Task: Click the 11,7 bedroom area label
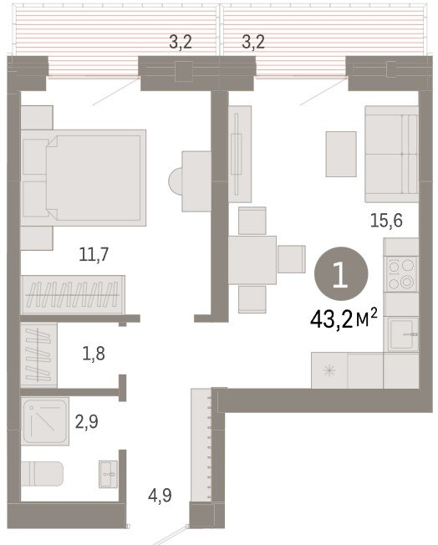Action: (94, 255)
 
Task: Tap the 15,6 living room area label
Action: (386, 221)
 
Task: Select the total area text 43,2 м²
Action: (344, 318)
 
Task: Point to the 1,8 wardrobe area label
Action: (94, 354)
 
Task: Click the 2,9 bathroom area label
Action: (87, 421)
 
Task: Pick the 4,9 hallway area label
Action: (160, 495)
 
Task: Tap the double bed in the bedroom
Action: (84, 178)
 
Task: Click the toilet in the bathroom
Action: (42, 473)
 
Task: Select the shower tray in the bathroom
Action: (45, 421)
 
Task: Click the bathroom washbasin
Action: (108, 474)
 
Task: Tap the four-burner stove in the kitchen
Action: (401, 274)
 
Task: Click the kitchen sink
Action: (403, 334)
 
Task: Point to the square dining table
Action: (252, 260)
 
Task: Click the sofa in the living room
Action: (391, 154)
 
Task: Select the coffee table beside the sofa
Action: (341, 154)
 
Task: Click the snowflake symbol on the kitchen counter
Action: (328, 371)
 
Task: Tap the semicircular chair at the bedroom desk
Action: (176, 181)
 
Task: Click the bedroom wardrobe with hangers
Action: (73, 295)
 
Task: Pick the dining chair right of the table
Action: (292, 259)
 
